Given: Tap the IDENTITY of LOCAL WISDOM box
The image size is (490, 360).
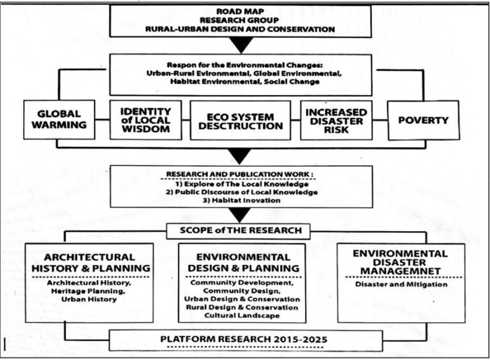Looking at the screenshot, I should click(147, 119).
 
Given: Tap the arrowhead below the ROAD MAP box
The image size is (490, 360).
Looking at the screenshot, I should click(244, 44).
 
